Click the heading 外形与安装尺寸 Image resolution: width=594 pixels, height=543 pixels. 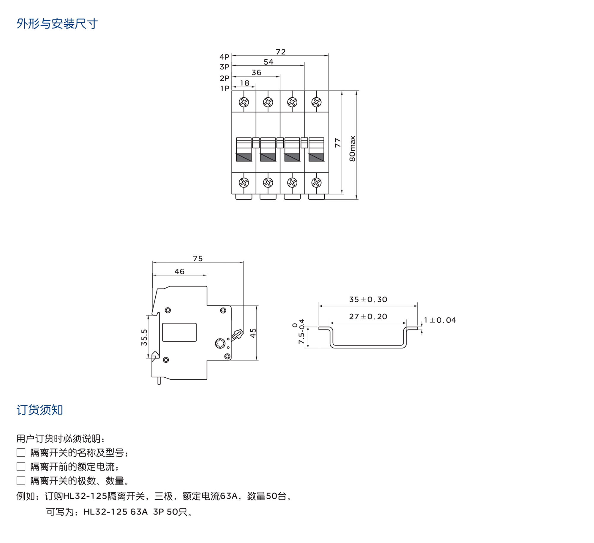coord(57,24)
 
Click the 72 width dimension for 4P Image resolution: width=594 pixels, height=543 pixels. coord(281,52)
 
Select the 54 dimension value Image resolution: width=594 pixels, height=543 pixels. coord(268,62)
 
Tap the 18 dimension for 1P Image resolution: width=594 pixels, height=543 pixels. coord(244,83)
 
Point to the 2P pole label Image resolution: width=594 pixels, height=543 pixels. coord(225,78)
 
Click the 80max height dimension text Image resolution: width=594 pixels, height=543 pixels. coord(352,148)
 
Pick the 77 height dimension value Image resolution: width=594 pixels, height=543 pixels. coord(338,143)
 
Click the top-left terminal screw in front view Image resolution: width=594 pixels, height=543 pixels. coord(244,102)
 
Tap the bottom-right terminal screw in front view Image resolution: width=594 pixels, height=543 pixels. coord(316,183)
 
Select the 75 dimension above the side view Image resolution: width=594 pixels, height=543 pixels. coord(198,259)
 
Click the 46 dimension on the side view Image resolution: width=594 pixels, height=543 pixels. coord(179,271)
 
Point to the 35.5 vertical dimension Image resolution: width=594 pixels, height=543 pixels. coord(144,337)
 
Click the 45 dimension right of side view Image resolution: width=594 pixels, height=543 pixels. coord(253,333)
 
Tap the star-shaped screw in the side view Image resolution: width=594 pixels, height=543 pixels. coord(220,343)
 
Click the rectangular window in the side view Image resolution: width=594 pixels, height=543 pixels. coord(179,332)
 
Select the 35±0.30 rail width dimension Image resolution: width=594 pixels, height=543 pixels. coord(368,300)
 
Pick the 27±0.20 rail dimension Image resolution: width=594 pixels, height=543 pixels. coord(368,316)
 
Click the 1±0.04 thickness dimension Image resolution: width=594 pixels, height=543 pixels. coord(440,320)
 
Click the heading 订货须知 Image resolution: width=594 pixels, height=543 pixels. coord(40,410)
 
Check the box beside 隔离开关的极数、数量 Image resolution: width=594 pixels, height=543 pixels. coord(21,481)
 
